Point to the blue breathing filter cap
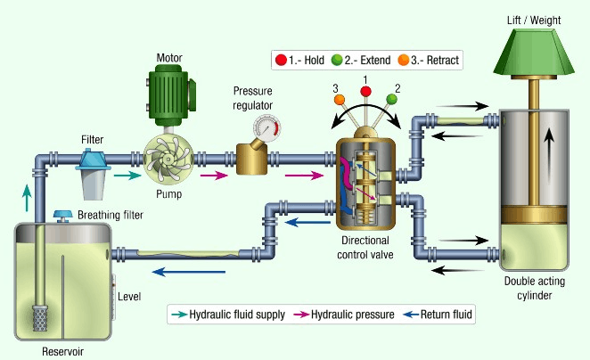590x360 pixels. pyautogui.click(x=61, y=215)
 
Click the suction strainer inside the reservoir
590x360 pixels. pyautogui.click(x=39, y=316)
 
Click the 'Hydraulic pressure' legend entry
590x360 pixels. pyautogui.click(x=350, y=314)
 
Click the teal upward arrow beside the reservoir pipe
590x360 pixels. pyautogui.click(x=26, y=196)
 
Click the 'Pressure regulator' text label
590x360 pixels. pyautogui.click(x=253, y=98)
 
